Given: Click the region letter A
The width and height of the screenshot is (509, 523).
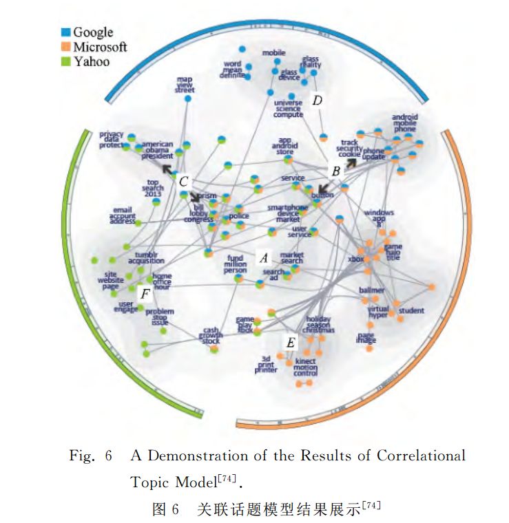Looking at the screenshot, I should pyautogui.click(x=262, y=257).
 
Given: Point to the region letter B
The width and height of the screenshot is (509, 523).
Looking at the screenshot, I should pyautogui.click(x=335, y=171).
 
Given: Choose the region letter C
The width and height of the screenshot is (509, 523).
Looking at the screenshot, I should pyautogui.click(x=183, y=182).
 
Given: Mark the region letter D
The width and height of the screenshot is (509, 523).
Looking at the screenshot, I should pyautogui.click(x=317, y=100).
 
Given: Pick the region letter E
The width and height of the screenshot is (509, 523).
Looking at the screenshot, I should pyautogui.click(x=291, y=342).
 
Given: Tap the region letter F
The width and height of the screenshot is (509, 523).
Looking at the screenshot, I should pyautogui.click(x=145, y=295).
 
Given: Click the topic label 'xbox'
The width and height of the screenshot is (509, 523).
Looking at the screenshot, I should pyautogui.click(x=355, y=259).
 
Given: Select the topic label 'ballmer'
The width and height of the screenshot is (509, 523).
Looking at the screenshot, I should pyautogui.click(x=371, y=290).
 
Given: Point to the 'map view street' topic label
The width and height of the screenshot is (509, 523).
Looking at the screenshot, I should pyautogui.click(x=185, y=85).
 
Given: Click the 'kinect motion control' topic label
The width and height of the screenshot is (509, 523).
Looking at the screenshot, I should pyautogui.click(x=306, y=367).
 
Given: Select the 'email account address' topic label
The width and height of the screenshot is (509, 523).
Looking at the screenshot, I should pyautogui.click(x=123, y=215).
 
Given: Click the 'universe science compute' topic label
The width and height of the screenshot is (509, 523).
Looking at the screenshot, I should pyautogui.click(x=288, y=109).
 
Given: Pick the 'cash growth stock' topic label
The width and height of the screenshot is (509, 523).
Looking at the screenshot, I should pyautogui.click(x=211, y=335).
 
